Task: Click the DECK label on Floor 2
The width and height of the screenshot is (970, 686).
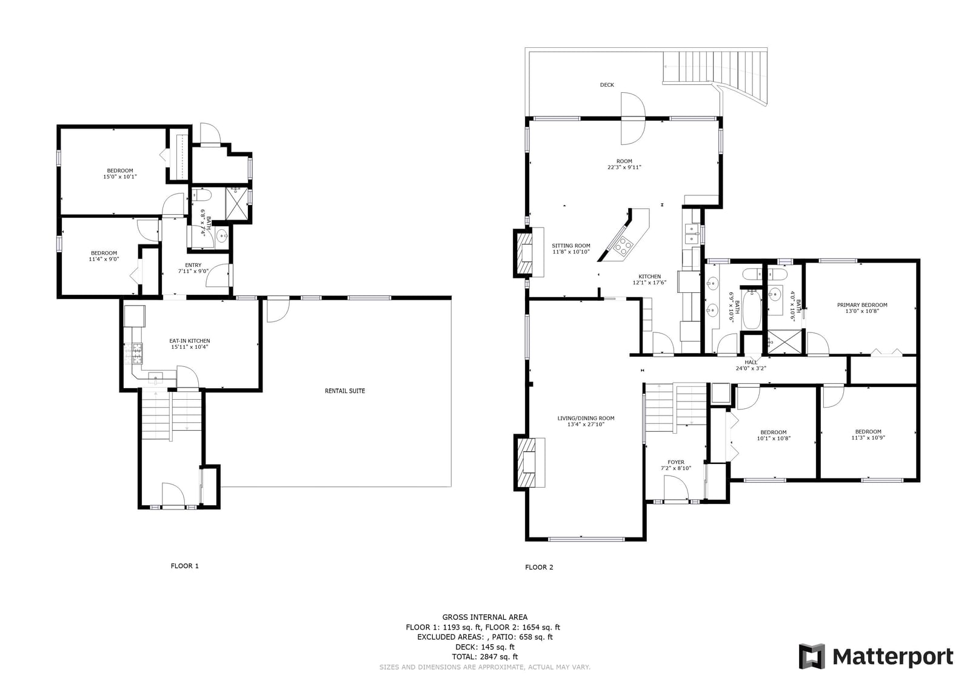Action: (x=607, y=85)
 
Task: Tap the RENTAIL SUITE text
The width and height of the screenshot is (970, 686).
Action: (x=345, y=391)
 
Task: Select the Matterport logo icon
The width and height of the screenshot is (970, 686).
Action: (x=812, y=656)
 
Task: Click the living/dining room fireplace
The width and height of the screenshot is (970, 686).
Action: (x=529, y=462)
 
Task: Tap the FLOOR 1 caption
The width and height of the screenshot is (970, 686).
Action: (x=184, y=566)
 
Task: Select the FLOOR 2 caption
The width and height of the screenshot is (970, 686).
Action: (x=539, y=567)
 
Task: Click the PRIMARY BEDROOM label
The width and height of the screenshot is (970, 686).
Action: (x=861, y=305)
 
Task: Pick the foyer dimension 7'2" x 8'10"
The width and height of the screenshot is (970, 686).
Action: (x=675, y=468)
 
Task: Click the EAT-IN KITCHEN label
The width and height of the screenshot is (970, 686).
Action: (x=190, y=341)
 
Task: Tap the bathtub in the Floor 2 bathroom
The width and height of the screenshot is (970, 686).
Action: (x=752, y=310)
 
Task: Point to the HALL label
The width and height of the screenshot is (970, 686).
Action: (x=751, y=362)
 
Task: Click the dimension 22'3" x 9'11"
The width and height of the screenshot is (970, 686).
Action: (x=624, y=167)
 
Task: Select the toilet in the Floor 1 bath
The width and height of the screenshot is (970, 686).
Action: (x=201, y=196)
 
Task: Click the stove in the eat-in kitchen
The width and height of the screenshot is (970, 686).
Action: (x=133, y=353)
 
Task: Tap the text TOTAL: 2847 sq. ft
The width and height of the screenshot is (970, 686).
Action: (x=484, y=657)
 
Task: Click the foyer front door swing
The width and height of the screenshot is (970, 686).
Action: (x=676, y=488)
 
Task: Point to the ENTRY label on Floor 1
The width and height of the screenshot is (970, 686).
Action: (x=193, y=265)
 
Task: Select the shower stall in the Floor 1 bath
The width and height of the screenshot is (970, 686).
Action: (x=237, y=204)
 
